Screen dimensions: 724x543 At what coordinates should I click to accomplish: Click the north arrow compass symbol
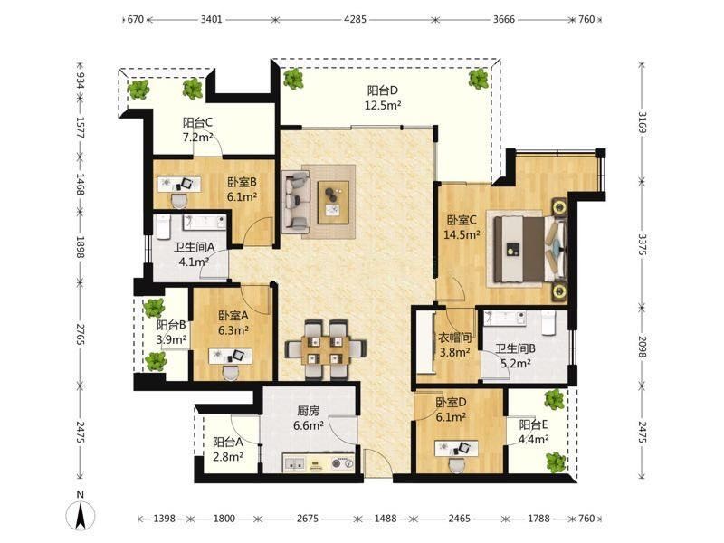point(81,514)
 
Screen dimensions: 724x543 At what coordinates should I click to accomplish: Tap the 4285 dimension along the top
point(355,19)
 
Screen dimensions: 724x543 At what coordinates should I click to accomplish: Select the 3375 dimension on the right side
point(642,244)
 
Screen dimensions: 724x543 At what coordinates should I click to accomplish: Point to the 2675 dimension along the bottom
point(307,519)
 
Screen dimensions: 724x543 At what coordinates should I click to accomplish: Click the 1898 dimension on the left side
point(81,247)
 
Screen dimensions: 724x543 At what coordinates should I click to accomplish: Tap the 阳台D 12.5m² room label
point(383,98)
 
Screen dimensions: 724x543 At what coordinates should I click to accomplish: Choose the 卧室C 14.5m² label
point(462,227)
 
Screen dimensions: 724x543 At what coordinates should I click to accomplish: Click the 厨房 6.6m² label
point(308,418)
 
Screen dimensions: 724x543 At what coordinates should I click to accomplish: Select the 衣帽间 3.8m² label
point(454,345)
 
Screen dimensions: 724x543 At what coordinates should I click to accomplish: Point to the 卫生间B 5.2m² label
point(515,356)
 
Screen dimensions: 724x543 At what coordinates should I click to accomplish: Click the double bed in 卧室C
point(529,250)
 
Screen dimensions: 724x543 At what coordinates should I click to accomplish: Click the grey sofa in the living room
point(295,202)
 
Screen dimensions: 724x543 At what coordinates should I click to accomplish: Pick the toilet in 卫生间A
point(163,228)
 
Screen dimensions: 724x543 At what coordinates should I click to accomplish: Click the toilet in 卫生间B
point(548,321)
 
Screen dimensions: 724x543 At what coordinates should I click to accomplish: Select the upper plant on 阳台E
point(554,399)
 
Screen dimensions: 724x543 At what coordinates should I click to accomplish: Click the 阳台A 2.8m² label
point(228,450)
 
